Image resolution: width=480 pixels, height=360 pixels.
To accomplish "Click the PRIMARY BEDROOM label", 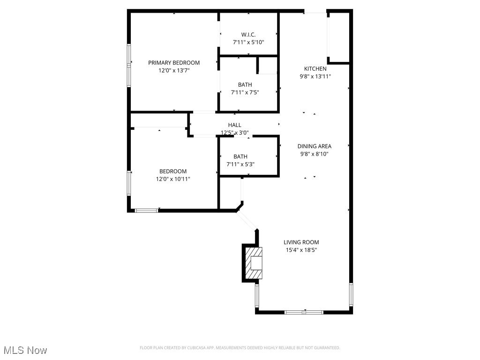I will click(x=174, y=63).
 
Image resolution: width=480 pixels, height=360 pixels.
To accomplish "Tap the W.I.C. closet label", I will click(x=248, y=35).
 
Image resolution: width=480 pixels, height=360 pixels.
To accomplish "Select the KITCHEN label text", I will click(x=315, y=69).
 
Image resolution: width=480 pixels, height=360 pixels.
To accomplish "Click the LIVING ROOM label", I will click(x=301, y=242).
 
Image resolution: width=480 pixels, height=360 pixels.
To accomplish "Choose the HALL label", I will click(x=234, y=125).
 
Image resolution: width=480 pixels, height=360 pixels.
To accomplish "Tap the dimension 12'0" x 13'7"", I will click(x=174, y=70).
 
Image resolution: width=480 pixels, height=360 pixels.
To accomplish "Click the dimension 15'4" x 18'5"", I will click(x=301, y=250).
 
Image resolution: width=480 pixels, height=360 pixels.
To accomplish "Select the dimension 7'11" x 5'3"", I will click(x=240, y=164).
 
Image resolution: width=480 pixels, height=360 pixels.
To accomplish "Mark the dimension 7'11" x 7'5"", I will click(x=245, y=92).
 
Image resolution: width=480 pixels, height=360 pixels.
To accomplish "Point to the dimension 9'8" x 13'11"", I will click(x=315, y=76).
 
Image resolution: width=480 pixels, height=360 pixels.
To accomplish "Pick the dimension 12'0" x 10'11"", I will click(x=173, y=179).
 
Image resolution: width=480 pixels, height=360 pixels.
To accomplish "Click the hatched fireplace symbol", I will click(x=252, y=263).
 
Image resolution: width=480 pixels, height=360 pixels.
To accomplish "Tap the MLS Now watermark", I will click(x=25, y=350).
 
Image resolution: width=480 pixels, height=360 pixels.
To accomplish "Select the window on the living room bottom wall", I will click(x=304, y=312).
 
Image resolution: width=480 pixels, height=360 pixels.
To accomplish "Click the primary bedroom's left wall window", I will click(x=129, y=65).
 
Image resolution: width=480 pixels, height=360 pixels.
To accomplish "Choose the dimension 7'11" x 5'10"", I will click(x=248, y=42).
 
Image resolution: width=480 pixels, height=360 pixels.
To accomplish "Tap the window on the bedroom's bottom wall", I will click(x=146, y=210).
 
